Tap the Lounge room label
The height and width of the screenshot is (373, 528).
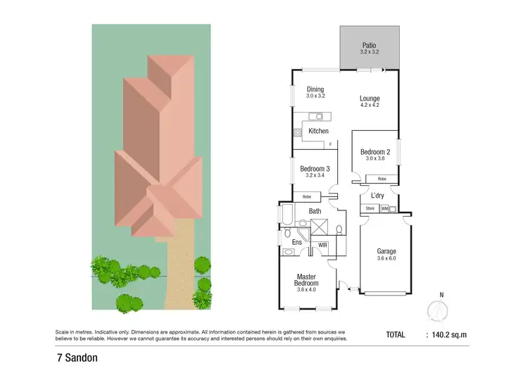(370, 99)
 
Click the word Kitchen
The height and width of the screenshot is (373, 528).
(319, 131)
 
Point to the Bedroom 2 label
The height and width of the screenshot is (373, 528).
(375, 151)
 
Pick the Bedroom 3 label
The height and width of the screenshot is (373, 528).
(315, 169)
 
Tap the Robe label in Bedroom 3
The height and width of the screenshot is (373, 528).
(306, 197)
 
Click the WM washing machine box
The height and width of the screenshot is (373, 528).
(385, 209)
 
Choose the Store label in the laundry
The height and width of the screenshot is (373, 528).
(370, 209)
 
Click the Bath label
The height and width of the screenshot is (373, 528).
(314, 210)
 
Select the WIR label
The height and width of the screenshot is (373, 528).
(323, 245)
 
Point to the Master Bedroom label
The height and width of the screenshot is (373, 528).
(307, 280)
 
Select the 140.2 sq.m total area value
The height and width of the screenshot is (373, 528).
(448, 335)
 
